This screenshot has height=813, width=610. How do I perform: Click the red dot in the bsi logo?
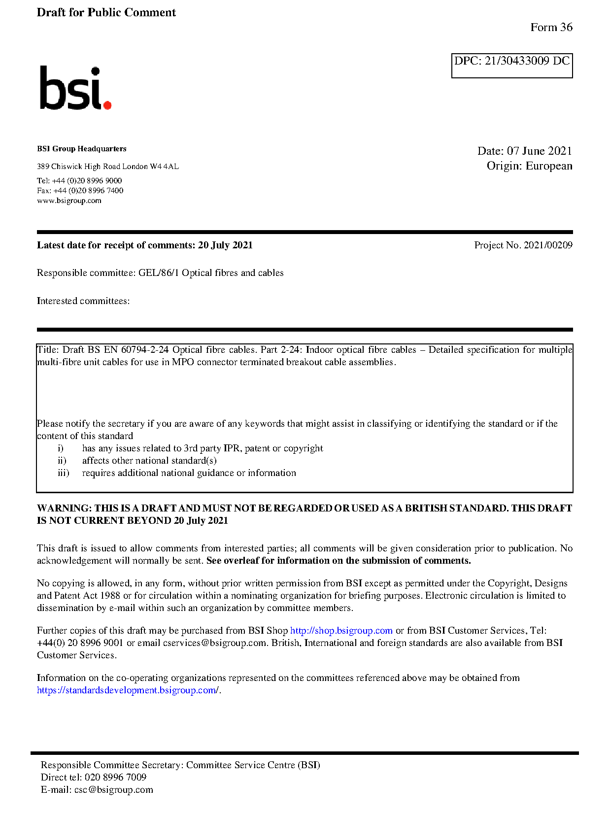pyautogui.click(x=107, y=104)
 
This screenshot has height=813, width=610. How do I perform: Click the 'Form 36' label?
pyautogui.click(x=551, y=27)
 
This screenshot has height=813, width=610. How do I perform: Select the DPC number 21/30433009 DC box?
pyautogui.click(x=511, y=65)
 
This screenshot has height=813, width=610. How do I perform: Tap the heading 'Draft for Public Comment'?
pyautogui.click(x=106, y=12)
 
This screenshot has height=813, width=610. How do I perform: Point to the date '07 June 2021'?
pyautogui.click(x=539, y=151)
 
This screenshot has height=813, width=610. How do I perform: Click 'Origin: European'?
pyautogui.click(x=529, y=166)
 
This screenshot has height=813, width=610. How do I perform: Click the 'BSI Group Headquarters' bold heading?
pyautogui.click(x=81, y=149)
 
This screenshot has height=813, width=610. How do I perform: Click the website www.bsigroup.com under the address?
pyautogui.click(x=69, y=201)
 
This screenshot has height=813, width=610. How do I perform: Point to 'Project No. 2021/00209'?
pyautogui.click(x=523, y=245)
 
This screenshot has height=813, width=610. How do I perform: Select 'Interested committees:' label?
pyautogui.click(x=83, y=301)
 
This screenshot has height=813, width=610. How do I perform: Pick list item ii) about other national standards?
pyautogui.click(x=149, y=460)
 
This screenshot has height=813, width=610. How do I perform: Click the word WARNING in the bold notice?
pyautogui.click(x=64, y=508)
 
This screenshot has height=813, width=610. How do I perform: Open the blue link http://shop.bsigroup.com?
pyautogui.click(x=341, y=630)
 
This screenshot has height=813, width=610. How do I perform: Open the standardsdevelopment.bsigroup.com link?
pyautogui.click(x=128, y=690)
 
